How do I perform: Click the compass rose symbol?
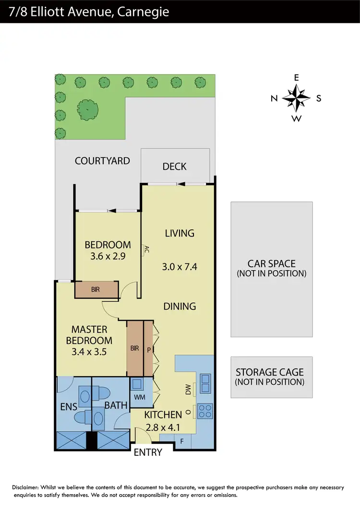(296, 98)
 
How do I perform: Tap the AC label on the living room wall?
(147, 249)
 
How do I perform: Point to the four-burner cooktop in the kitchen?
(205, 412)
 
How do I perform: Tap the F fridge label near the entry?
(182, 440)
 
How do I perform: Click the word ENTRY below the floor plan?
(148, 452)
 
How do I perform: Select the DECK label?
(174, 166)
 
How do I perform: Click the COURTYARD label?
(102, 161)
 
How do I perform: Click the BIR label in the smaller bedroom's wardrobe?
(96, 290)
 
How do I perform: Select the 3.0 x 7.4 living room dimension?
(180, 267)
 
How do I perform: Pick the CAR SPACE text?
(271, 264)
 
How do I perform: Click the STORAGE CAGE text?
(270, 372)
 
